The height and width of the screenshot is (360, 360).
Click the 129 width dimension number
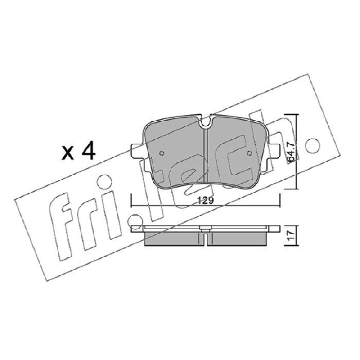coord(206,201)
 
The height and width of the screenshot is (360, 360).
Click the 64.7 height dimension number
coord(291,152)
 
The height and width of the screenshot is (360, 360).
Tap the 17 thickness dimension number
coord(291,236)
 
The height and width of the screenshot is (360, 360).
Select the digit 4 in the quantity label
coord(88,151)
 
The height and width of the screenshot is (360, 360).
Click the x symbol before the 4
coord(68,153)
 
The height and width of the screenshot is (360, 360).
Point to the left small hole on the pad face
coord(162,153)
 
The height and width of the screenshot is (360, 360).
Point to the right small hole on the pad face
coord(249,153)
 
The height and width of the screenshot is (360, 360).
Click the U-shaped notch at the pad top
coord(206,122)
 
